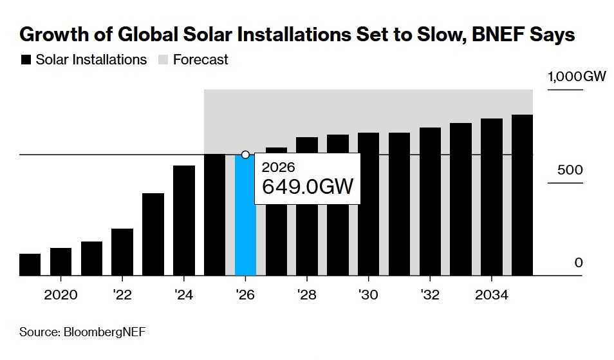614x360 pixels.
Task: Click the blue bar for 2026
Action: [245, 216]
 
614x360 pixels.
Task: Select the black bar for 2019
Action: [30, 265]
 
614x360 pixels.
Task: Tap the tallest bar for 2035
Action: [522, 195]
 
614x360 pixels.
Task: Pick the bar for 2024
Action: [184, 221]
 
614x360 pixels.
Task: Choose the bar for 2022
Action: [122, 252]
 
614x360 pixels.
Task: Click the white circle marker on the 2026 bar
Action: [245, 155]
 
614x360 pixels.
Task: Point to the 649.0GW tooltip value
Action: [308, 187]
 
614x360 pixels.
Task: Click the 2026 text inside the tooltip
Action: [279, 167]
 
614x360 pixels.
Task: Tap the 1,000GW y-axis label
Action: [577, 77]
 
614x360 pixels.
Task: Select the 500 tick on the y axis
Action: [570, 170]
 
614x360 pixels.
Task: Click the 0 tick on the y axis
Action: [578, 263]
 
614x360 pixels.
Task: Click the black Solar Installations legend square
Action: [26, 60]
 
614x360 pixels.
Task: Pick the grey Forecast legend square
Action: [162, 60]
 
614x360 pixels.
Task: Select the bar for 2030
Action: [368, 204]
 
